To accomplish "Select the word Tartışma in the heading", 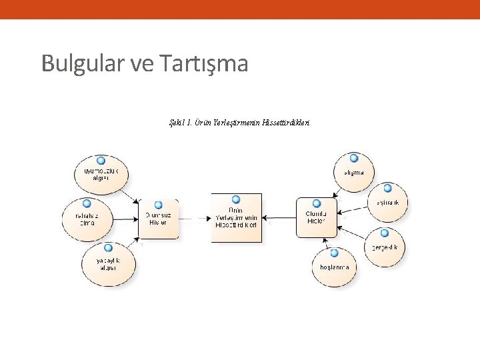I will pos(204,64).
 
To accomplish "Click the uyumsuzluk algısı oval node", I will pos(101,175).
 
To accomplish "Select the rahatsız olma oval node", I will pos(87,218).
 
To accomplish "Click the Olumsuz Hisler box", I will pos(158,218).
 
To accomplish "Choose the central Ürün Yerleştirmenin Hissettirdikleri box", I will pos(237,217).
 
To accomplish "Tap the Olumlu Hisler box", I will pos(316,217).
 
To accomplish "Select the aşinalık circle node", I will pos(387,201).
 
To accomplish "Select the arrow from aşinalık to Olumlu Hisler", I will pos(353,209).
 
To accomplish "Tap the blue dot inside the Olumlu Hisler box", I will pos(316,203).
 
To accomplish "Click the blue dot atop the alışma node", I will pos(354,159).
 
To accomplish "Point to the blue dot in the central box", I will pos(236,199).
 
